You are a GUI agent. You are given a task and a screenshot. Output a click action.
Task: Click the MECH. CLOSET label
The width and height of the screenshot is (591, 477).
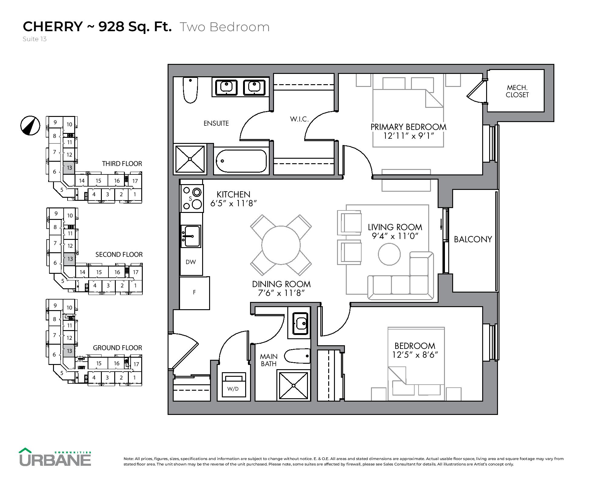(517, 91)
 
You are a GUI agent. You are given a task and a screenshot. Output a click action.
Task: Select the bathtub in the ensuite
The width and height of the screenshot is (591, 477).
(241, 161)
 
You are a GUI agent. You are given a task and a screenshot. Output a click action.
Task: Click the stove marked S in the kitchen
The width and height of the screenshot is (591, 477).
(192, 198)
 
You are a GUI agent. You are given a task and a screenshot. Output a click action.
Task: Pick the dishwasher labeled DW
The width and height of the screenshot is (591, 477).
(191, 262)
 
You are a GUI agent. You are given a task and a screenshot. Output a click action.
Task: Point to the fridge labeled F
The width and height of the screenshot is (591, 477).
(194, 293)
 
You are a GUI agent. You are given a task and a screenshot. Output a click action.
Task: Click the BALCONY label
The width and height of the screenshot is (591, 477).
(473, 239)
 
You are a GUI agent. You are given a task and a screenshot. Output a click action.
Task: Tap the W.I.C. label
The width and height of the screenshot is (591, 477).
(299, 119)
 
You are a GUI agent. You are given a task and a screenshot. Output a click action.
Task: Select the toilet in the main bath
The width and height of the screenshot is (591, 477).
(298, 356)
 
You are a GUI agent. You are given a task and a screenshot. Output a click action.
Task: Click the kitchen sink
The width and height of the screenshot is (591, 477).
(191, 236)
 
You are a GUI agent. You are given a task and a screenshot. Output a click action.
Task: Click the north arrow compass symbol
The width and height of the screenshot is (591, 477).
(30, 125)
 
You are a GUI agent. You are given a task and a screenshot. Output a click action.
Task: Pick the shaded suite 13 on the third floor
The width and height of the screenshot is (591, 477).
(69, 167)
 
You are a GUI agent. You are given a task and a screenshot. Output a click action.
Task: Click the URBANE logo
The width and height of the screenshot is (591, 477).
(55, 458)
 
